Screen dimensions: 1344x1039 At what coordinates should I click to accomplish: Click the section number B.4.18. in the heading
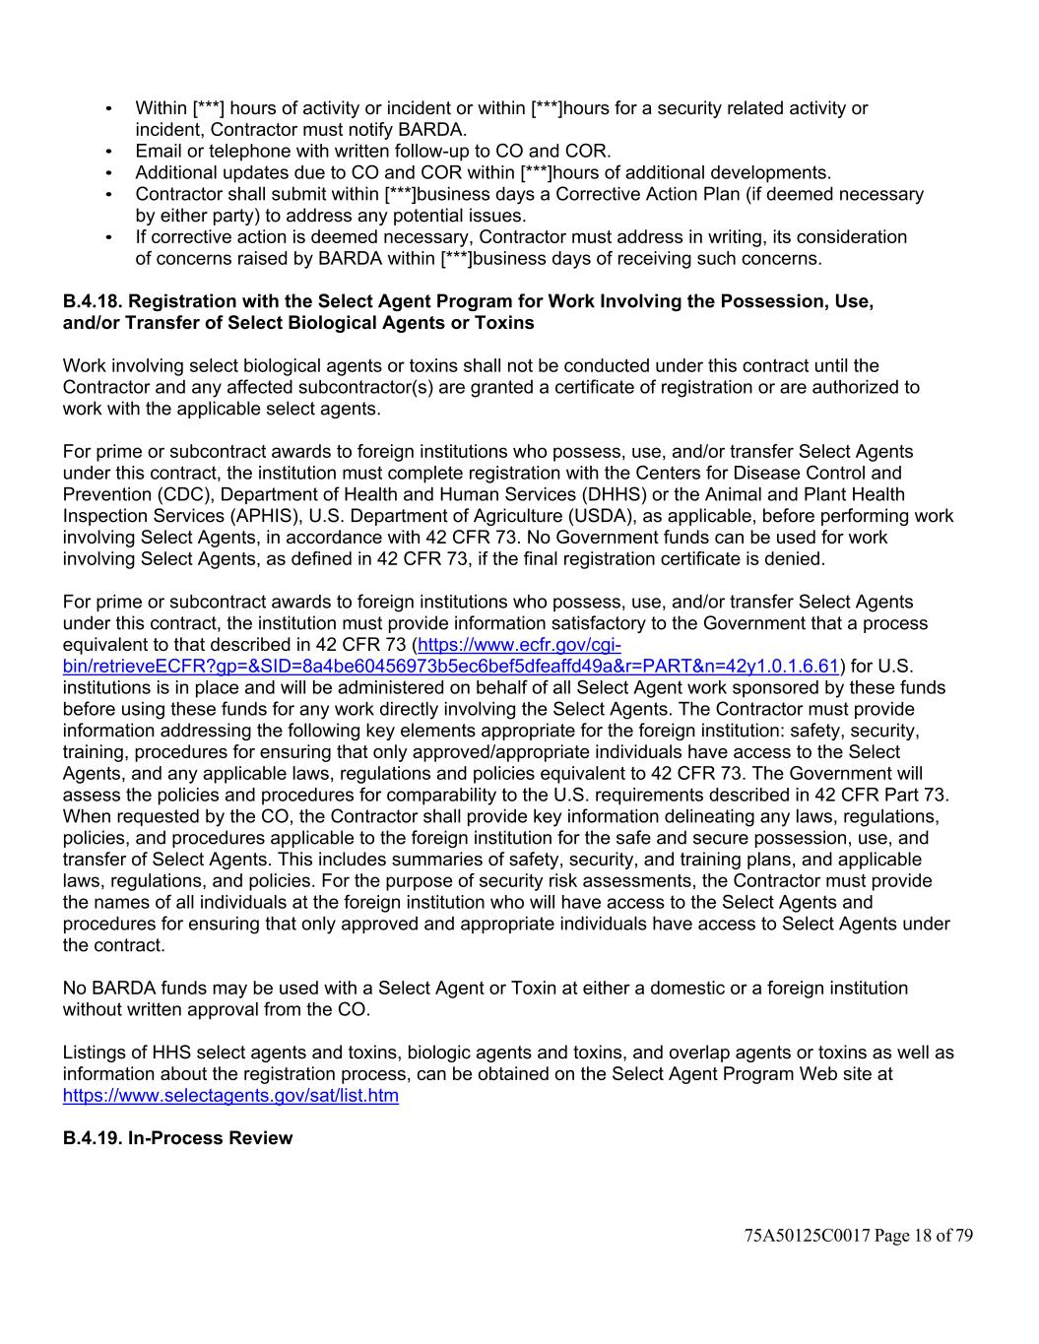coord(94,301)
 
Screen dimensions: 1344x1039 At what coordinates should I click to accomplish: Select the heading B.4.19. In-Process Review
coord(177,1138)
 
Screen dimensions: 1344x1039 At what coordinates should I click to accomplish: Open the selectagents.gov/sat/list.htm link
coord(230,1096)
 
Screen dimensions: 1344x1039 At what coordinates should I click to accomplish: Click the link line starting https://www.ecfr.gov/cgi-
coord(519,645)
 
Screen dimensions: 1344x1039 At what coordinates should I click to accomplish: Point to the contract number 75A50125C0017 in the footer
coord(808,1236)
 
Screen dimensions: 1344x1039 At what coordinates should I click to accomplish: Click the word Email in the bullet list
coord(159,152)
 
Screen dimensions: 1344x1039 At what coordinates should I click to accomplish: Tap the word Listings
coord(96,1053)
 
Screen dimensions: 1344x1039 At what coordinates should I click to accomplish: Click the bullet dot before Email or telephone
coord(108,152)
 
